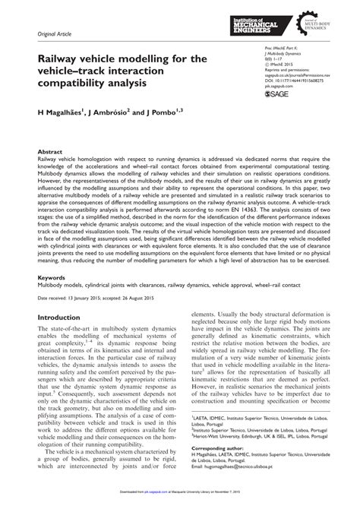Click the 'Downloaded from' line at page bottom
(180, 504)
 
